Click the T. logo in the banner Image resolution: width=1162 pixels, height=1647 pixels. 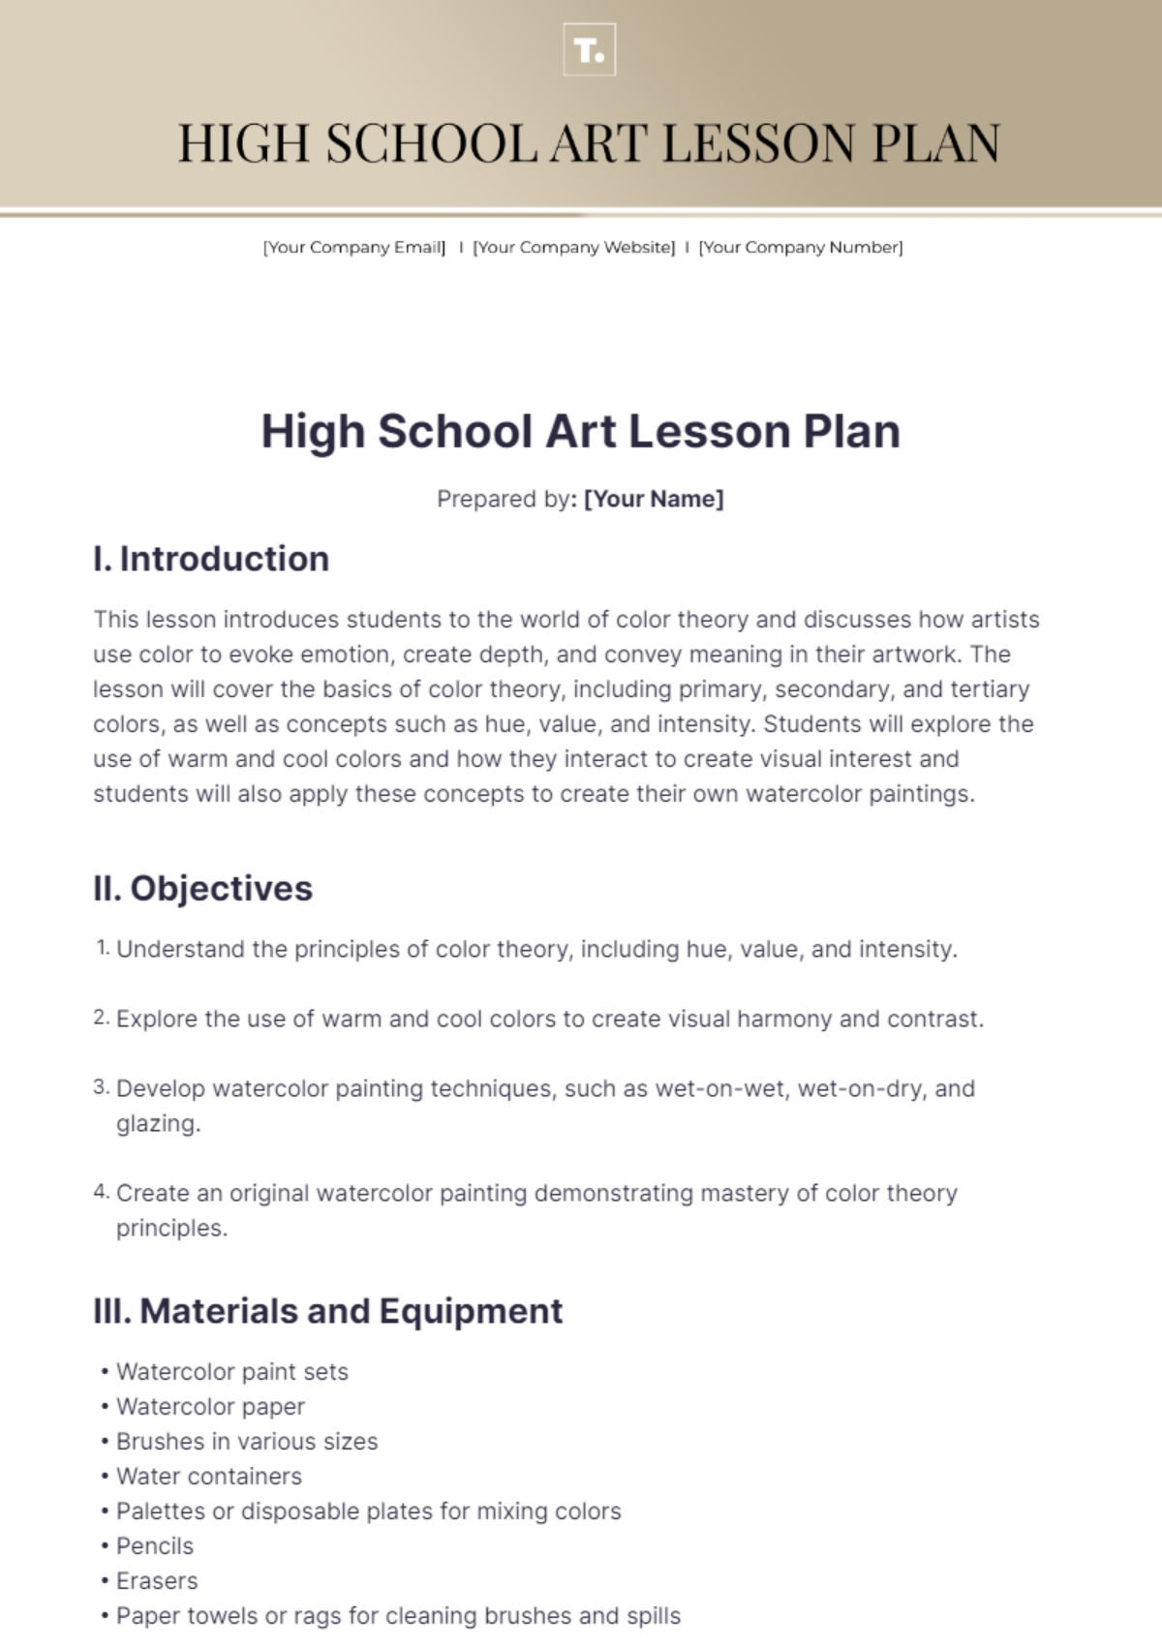[589, 50]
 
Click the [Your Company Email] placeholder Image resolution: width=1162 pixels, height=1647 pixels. [354, 248]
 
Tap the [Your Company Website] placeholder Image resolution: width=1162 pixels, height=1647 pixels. [573, 248]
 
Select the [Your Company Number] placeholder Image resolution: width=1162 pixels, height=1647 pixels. [801, 248]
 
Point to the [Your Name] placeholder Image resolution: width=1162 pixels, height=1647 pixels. [654, 499]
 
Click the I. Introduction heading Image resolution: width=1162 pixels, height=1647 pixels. [211, 559]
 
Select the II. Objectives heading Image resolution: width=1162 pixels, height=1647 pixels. [202, 888]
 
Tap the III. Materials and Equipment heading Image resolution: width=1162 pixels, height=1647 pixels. [327, 1311]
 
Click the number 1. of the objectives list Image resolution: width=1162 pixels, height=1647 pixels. [103, 948]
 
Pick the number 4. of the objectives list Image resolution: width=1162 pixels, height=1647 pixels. [102, 1192]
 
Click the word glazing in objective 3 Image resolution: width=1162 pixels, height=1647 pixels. [157, 1123]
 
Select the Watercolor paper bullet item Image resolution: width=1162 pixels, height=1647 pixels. [210, 1407]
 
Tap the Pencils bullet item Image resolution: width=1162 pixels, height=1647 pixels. [155, 1546]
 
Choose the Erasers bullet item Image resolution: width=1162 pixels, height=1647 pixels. [157, 1581]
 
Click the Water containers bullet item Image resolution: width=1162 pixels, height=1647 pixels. [209, 1477]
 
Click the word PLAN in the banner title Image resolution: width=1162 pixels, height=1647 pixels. [935, 144]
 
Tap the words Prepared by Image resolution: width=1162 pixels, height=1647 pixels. [504, 499]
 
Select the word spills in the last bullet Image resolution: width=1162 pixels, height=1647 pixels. [653, 1616]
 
